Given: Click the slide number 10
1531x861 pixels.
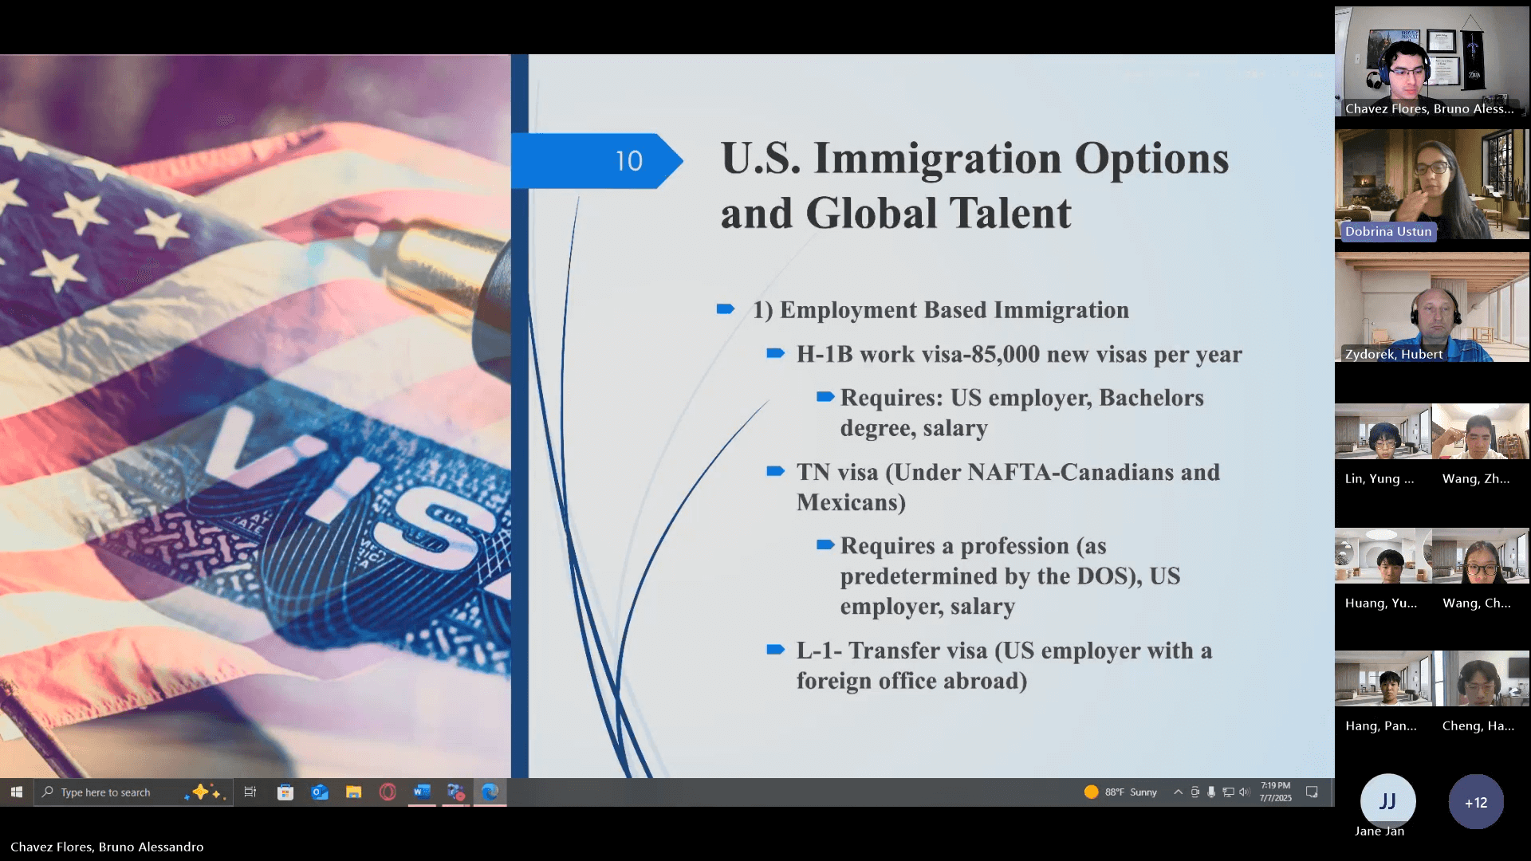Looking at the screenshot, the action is pyautogui.click(x=628, y=161).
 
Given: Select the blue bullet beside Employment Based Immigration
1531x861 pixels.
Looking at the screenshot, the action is pyautogui.click(x=726, y=309).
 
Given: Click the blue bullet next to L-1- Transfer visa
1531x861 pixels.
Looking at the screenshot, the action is pyautogui.click(x=776, y=650).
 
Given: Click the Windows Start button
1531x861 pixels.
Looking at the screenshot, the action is pyautogui.click(x=17, y=792).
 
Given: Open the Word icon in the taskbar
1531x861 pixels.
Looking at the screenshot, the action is pyautogui.click(x=422, y=792).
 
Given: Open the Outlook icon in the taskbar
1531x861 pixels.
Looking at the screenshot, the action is pyautogui.click(x=320, y=792).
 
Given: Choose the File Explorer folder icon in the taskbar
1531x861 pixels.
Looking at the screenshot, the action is pyautogui.click(x=354, y=792).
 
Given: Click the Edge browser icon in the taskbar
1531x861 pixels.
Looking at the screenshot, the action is pyautogui.click(x=490, y=792).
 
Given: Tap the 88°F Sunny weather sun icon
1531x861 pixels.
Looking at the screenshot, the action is pyautogui.click(x=1091, y=792).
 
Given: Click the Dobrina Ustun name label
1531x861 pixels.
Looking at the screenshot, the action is pyautogui.click(x=1388, y=231).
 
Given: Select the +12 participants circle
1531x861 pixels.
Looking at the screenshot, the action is pyautogui.click(x=1476, y=802).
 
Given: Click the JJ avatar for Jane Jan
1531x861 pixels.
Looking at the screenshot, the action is pyautogui.click(x=1387, y=801).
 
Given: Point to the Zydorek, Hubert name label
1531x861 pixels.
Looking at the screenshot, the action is pyautogui.click(x=1394, y=354).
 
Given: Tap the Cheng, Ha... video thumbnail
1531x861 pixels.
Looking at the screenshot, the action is pyautogui.click(x=1481, y=678).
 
